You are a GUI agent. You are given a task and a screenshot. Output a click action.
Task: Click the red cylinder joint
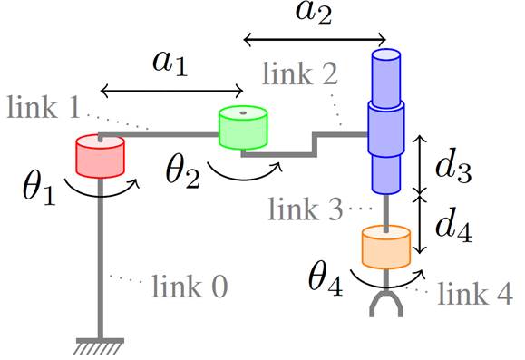pos(99,157)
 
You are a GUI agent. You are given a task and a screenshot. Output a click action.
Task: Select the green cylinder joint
pos(245,128)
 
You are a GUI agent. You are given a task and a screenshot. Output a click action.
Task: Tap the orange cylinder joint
pos(387,245)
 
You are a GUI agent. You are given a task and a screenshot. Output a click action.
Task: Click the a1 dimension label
pos(169,65)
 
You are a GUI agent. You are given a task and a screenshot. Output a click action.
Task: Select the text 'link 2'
pos(299,74)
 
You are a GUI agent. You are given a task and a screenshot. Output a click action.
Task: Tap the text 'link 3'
pos(306,210)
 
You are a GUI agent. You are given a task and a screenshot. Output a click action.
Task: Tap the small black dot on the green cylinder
pos(245,114)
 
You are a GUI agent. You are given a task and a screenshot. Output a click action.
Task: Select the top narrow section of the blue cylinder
pos(387,76)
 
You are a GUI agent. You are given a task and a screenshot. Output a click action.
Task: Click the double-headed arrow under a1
pos(171,90)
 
